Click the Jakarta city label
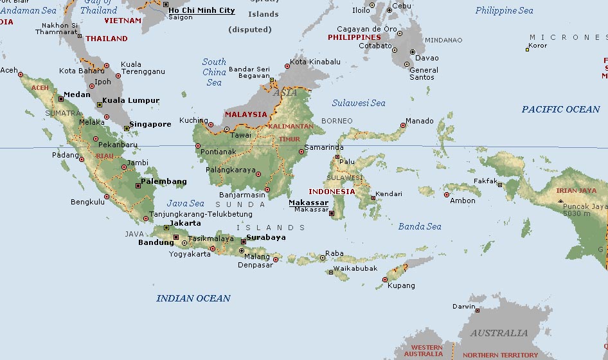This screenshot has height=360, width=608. tap(184, 223)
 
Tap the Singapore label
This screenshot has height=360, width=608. tap(150, 124)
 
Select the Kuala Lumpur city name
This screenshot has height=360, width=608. tap(131, 100)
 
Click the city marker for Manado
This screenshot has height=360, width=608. tap(403, 125)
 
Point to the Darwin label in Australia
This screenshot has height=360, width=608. tap(464, 307)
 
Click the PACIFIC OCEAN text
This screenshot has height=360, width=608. tap(560, 109)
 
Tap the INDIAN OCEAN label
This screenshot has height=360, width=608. tap(193, 298)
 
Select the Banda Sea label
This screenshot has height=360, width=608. tap(420, 226)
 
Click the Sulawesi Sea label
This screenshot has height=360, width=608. tap(359, 103)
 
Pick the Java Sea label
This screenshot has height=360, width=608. tap(186, 203)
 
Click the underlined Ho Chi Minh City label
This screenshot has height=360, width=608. tap(201, 10)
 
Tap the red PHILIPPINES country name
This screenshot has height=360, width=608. tap(354, 37)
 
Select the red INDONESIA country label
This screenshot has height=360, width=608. tap(332, 192)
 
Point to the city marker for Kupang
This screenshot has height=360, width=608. tap(385, 280)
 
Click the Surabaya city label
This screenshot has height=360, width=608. tap(265, 237)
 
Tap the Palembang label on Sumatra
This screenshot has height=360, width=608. tap(164, 181)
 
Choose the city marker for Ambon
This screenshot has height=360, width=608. tap(447, 194)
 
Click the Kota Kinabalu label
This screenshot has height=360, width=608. tap(315, 62)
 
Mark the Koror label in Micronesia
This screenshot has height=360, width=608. tap(537, 46)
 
